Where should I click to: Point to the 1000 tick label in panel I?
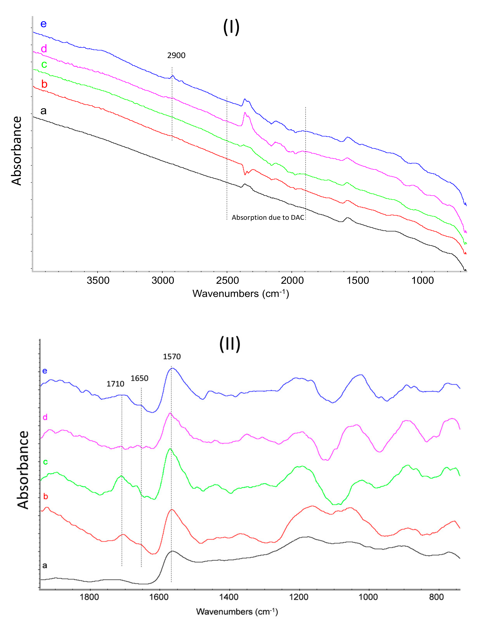tap(422, 280)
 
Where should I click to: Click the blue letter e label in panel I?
tap(43, 24)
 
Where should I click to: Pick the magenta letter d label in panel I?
tap(44, 49)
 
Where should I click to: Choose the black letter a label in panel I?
tap(43, 110)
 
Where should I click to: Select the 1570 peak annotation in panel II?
tap(172, 357)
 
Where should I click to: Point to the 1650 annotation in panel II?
tap(140, 378)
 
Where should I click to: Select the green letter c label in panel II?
tap(45, 462)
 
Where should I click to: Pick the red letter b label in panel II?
tap(45, 497)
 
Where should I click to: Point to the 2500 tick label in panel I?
tap(227, 280)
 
